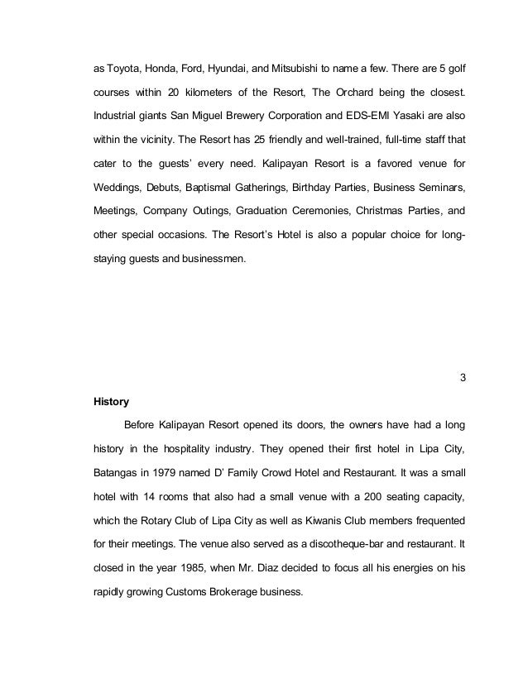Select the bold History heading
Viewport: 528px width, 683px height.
[113, 404]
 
